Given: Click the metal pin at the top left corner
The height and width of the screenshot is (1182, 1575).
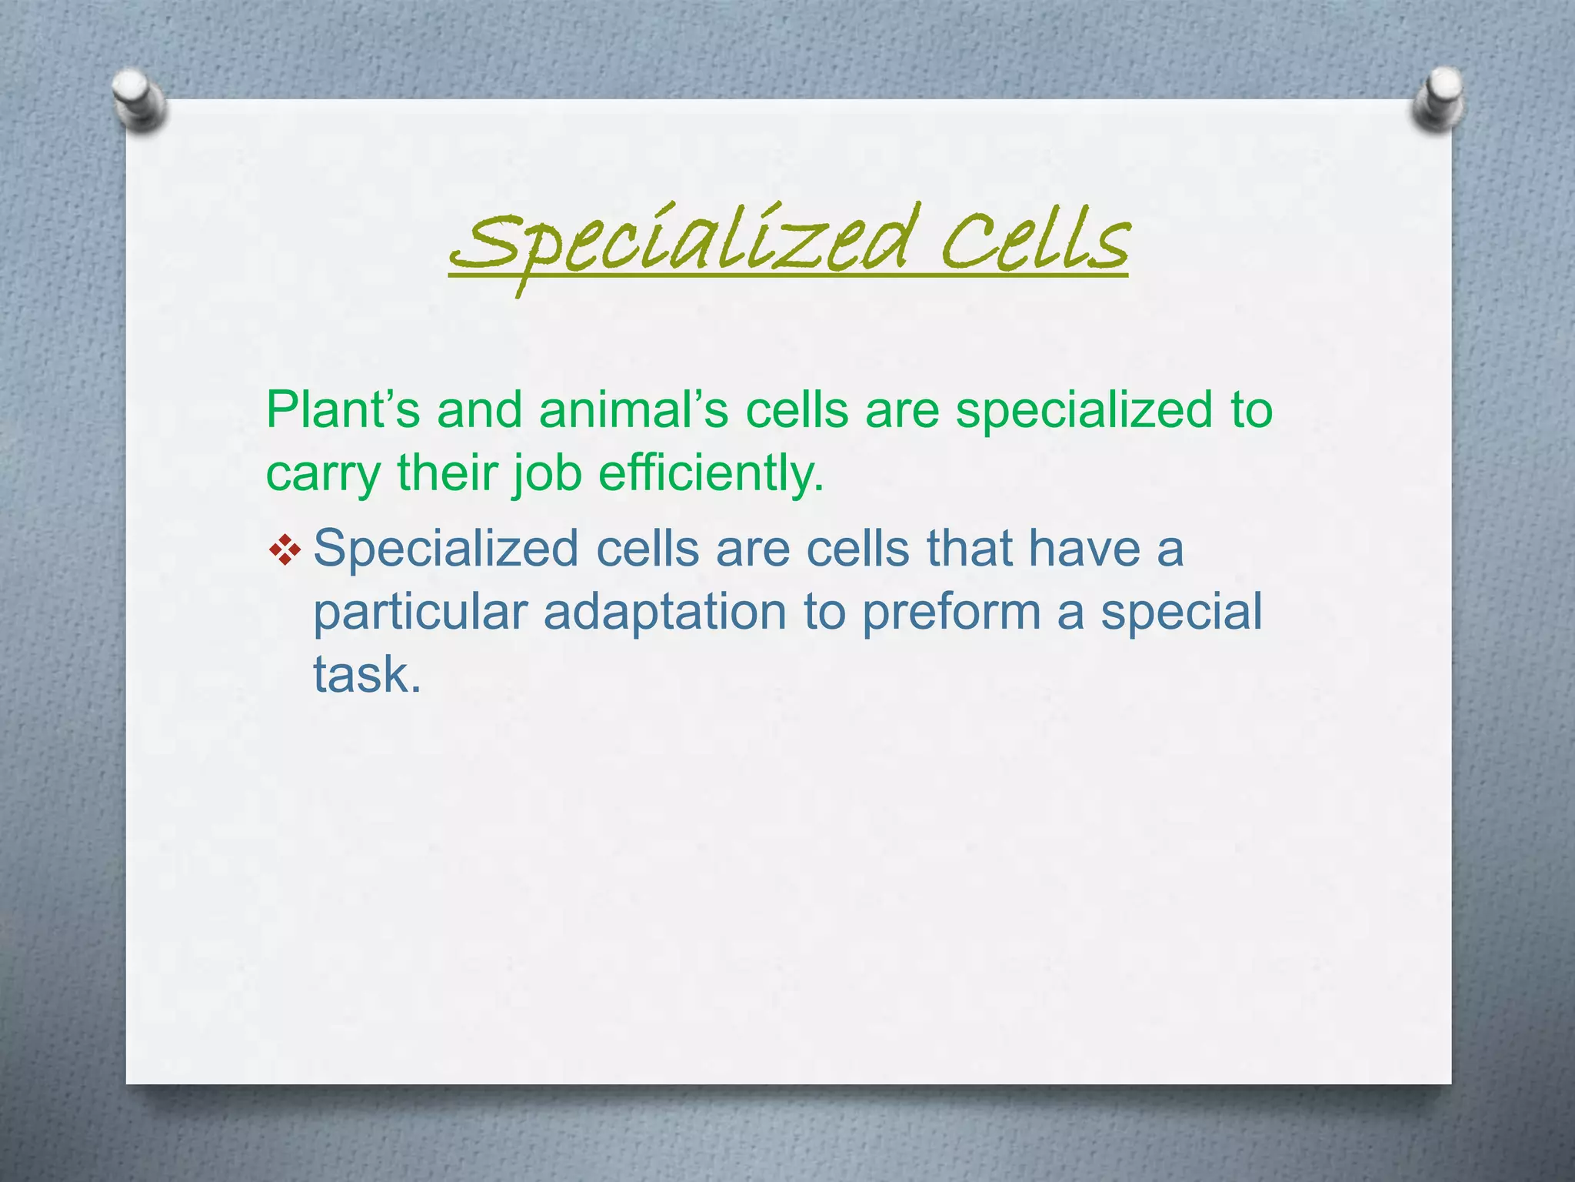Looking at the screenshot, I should [x=138, y=101].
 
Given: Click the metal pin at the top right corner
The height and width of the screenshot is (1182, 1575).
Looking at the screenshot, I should [x=1437, y=99].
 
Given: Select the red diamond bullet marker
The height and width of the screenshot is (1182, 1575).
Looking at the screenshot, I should [x=285, y=550].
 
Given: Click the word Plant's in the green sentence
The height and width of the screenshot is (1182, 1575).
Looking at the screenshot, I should [x=343, y=409].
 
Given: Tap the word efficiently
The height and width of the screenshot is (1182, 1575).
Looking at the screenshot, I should [x=711, y=472].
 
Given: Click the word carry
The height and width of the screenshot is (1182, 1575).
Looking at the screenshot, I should [x=323, y=474].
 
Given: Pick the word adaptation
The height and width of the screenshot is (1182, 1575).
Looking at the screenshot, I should [x=665, y=613].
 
